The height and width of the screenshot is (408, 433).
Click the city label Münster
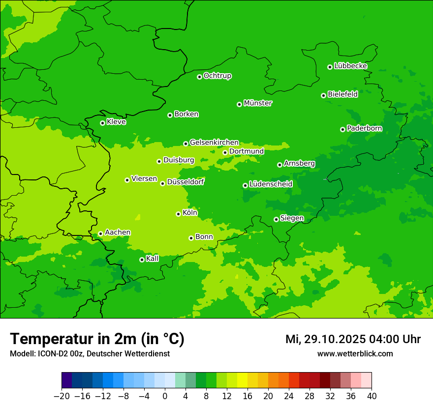pyautogui.click(x=258, y=103)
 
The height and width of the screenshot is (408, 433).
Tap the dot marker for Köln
pyautogui.click(x=178, y=214)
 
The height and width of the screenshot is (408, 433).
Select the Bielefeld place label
pyautogui.click(x=342, y=94)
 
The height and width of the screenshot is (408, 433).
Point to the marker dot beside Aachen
pyautogui.click(x=100, y=233)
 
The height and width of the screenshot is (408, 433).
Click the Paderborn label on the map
pyautogui.click(x=364, y=128)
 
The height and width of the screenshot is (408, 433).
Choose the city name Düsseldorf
pyautogui.click(x=186, y=182)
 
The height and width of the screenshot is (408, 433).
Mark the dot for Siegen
pyautogui.click(x=276, y=219)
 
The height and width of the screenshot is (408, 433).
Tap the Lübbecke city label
pyautogui.click(x=350, y=66)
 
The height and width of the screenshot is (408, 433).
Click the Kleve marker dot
pyautogui.click(x=102, y=123)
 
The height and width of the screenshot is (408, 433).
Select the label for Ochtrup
pyautogui.click(x=217, y=76)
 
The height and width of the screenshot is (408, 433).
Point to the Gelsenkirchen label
pyautogui.click(x=214, y=143)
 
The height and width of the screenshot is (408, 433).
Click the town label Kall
pyautogui.click(x=153, y=259)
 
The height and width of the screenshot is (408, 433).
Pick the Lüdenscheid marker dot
pyautogui.click(x=245, y=185)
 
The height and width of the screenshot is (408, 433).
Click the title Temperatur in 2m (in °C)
pyautogui.click(x=97, y=339)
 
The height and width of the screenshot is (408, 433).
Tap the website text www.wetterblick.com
pyautogui.click(x=355, y=353)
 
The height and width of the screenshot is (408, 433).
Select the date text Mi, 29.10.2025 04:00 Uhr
pyautogui.click(x=353, y=339)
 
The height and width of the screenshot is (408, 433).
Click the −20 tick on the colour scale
pyautogui.click(x=62, y=396)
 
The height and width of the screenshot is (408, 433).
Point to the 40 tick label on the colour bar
pyautogui.click(x=371, y=396)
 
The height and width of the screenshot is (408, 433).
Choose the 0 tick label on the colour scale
pyautogui.click(x=165, y=396)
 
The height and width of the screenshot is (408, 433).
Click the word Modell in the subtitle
pyautogui.click(x=21, y=353)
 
